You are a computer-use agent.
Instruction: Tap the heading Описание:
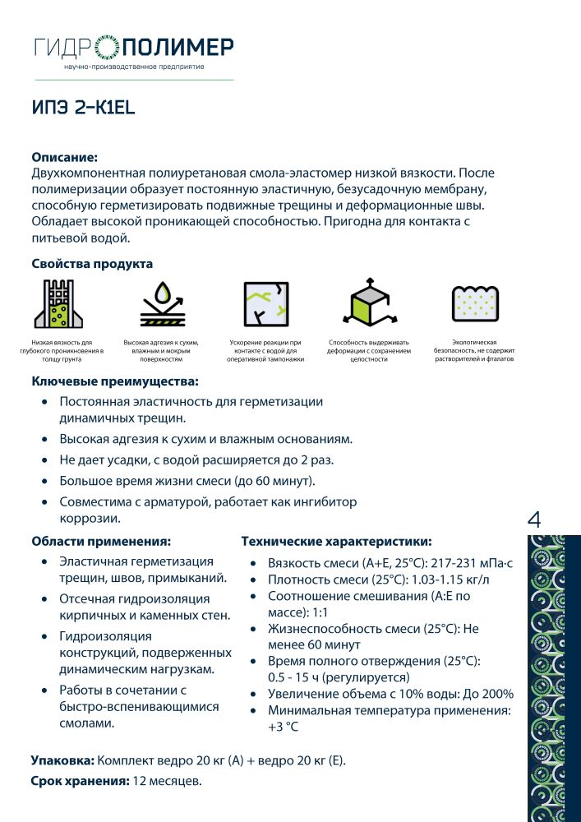(64, 157)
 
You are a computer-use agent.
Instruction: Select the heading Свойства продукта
(92, 264)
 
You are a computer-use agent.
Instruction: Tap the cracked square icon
(265, 305)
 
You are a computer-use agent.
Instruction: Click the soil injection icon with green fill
(57, 305)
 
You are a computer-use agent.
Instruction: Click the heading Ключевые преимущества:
(114, 381)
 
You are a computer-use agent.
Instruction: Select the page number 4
(534, 520)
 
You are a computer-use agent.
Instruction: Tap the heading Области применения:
(101, 542)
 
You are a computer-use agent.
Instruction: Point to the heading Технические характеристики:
(336, 542)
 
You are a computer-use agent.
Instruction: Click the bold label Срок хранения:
(80, 780)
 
